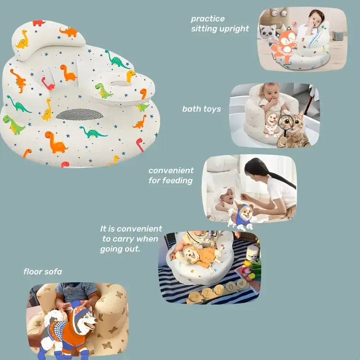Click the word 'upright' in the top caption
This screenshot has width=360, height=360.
234,29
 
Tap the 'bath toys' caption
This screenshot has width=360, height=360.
201,109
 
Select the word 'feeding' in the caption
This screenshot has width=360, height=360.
176,181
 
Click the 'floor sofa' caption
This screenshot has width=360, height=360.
43,272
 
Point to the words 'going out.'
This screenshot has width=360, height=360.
120,249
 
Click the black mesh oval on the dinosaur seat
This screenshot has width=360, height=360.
80,114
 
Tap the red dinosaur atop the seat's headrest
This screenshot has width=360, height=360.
39,23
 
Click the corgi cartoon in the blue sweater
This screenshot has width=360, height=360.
241,216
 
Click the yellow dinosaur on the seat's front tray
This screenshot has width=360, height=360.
130,76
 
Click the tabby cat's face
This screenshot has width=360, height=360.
293,125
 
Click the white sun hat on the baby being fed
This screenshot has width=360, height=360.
227,193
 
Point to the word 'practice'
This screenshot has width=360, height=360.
208,19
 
